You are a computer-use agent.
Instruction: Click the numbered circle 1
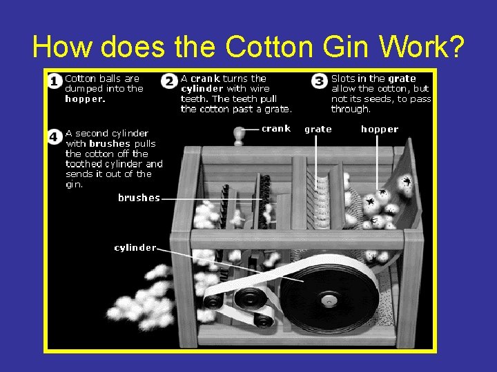(x=55, y=81)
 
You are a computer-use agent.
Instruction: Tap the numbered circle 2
(x=169, y=81)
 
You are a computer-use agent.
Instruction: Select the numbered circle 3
(x=319, y=81)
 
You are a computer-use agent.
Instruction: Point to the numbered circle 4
(x=55, y=137)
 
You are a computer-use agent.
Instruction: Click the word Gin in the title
(x=346, y=46)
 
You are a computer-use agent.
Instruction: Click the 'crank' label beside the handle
(x=276, y=128)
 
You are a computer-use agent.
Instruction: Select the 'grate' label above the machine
(x=318, y=130)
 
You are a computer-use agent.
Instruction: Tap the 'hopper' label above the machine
(x=380, y=130)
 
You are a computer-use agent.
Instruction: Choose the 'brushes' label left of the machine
(x=139, y=198)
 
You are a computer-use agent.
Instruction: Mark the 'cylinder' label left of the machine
(x=135, y=248)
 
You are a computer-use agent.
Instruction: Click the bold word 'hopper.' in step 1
(x=85, y=99)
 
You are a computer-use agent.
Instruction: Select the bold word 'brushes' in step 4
(x=110, y=143)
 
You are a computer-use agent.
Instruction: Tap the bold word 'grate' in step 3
(x=402, y=79)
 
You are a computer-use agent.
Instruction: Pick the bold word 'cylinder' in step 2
(x=202, y=89)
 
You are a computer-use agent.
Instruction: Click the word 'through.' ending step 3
(x=351, y=109)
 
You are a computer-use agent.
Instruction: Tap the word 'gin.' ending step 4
(x=74, y=185)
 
